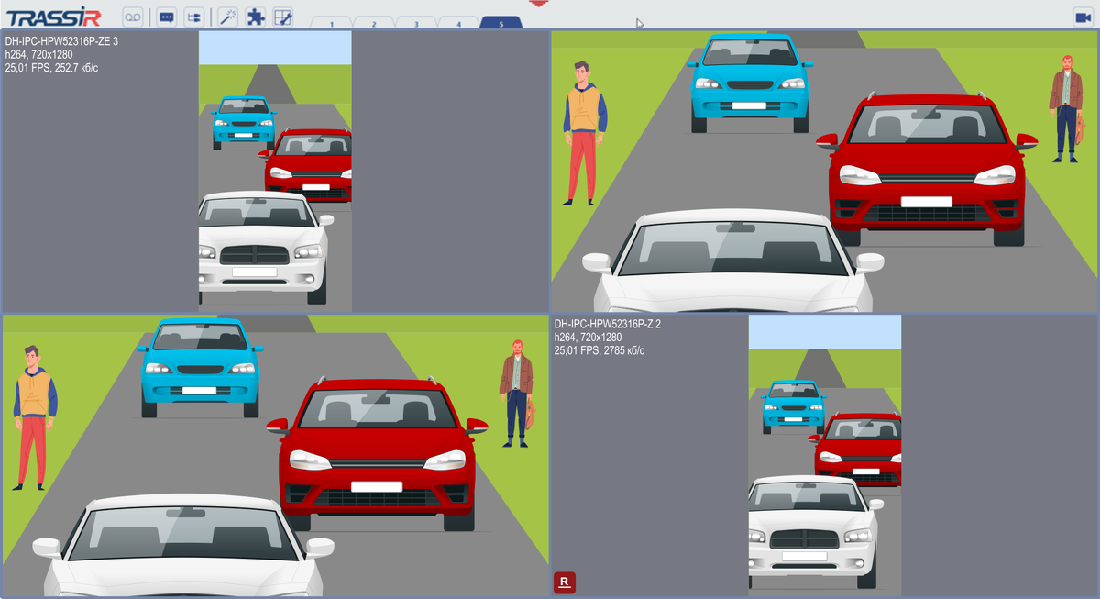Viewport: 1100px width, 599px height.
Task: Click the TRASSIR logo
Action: (53, 17)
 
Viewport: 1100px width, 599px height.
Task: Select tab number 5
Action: (500, 23)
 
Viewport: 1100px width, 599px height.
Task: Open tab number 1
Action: (332, 23)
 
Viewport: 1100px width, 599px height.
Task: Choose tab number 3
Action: (416, 23)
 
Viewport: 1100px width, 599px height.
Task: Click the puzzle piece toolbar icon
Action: (256, 17)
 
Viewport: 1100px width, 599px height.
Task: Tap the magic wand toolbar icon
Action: (228, 17)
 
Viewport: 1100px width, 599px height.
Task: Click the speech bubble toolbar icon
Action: (167, 17)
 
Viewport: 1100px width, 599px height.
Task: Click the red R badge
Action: (565, 582)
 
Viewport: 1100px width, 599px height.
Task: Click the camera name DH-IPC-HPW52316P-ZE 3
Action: (61, 41)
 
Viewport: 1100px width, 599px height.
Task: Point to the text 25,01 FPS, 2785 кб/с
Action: (599, 350)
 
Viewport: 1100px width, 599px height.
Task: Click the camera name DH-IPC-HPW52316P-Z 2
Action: (608, 324)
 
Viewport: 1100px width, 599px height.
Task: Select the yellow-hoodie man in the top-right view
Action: (585, 133)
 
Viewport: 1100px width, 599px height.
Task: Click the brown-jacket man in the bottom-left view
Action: (517, 394)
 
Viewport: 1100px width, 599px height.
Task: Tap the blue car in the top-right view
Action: (750, 83)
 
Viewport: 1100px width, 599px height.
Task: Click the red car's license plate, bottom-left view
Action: (377, 486)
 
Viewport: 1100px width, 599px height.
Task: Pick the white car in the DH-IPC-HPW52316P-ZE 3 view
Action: (263, 247)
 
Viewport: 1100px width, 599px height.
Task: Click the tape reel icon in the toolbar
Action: (133, 17)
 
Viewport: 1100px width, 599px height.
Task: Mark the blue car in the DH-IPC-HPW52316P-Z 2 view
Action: (793, 406)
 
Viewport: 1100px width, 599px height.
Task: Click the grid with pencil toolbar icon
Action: (283, 17)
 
